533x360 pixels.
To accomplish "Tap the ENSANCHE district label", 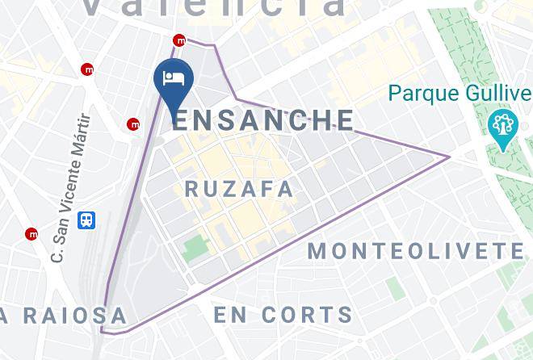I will [x=263, y=120].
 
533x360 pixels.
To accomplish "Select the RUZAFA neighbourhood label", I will [x=240, y=189].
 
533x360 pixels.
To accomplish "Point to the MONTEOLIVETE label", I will [x=416, y=250].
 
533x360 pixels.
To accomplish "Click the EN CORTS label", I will [x=283, y=314].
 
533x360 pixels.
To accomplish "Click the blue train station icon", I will [x=86, y=220].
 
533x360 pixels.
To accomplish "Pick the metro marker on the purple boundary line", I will [x=180, y=40].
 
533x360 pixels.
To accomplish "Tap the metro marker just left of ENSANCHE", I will [x=133, y=124].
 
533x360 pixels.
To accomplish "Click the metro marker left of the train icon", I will [x=31, y=234].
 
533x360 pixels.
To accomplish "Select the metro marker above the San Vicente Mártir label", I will [x=87, y=69].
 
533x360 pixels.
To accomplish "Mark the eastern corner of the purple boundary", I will [x=449, y=156].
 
